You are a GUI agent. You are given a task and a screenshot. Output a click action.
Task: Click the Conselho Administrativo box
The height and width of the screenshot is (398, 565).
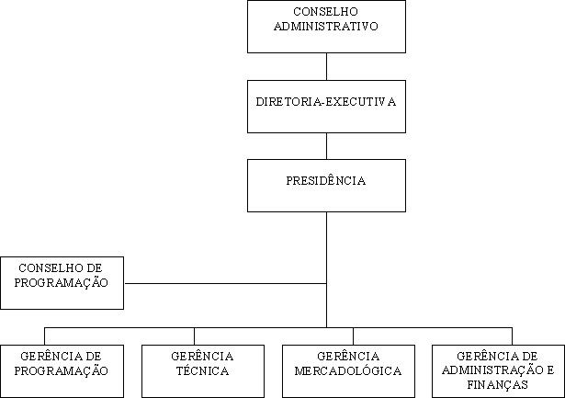pyautogui.click(x=326, y=27)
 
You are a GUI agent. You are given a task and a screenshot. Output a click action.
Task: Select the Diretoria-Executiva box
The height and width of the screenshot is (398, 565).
pyautogui.click(x=326, y=107)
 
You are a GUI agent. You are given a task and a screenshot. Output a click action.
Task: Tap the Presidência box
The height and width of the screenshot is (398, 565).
pyautogui.click(x=326, y=186)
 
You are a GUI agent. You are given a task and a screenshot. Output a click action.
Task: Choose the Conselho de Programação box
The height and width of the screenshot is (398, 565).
pyautogui.click(x=62, y=283)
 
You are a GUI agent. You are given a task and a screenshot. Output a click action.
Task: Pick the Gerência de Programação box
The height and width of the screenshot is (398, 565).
pyautogui.click(x=62, y=371)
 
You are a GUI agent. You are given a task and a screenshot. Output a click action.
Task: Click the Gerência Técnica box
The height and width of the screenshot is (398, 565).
pyautogui.click(x=203, y=371)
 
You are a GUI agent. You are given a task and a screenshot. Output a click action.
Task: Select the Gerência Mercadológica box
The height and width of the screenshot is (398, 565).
pyautogui.click(x=348, y=371)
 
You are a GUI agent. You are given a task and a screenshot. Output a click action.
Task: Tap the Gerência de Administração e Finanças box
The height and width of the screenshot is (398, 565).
pyautogui.click(x=498, y=371)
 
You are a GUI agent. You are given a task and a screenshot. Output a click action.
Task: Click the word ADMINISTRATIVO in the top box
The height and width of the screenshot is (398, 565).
pyautogui.click(x=326, y=27)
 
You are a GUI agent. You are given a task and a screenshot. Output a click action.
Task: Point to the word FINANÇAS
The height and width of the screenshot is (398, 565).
pyautogui.click(x=498, y=384)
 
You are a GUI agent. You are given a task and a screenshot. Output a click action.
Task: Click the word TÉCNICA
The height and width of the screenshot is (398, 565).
pyautogui.click(x=202, y=370)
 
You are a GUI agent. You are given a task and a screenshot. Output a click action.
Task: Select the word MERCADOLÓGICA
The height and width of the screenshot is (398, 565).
pyautogui.click(x=348, y=370)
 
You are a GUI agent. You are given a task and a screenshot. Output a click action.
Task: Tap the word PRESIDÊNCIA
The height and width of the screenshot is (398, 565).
pyautogui.click(x=326, y=180)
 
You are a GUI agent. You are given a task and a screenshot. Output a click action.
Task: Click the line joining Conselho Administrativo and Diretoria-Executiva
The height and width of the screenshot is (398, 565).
pyautogui.click(x=326, y=67)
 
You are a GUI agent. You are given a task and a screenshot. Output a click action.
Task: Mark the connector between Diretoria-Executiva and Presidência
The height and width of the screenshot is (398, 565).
pyautogui.click(x=326, y=146)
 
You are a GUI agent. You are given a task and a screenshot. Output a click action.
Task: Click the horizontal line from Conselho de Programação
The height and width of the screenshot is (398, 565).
pyautogui.click(x=226, y=283)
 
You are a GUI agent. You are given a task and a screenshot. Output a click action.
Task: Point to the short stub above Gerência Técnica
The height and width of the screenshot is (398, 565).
pyautogui.click(x=194, y=336)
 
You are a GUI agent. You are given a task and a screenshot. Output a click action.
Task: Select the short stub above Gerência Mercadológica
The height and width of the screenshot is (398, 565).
pyautogui.click(x=353, y=336)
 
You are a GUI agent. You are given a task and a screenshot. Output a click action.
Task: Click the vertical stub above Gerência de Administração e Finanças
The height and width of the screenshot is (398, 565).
pyautogui.click(x=512, y=336)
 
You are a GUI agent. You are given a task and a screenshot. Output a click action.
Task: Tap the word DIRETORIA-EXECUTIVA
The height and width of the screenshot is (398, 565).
pyautogui.click(x=326, y=102)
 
